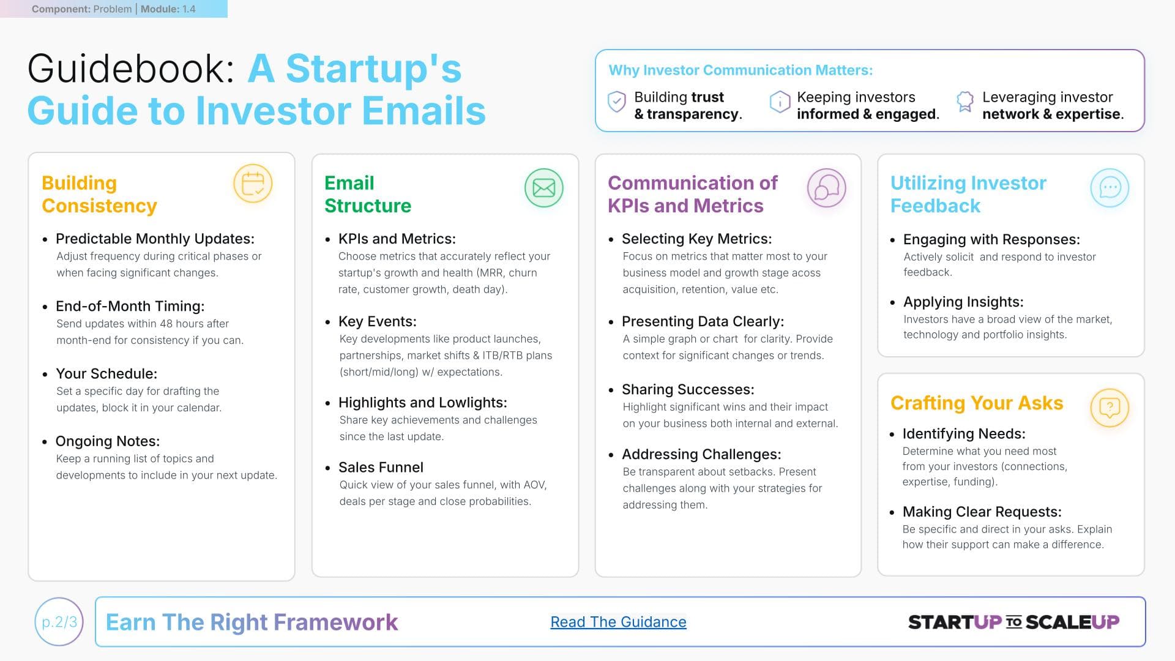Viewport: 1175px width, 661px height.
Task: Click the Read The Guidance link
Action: pyautogui.click(x=618, y=622)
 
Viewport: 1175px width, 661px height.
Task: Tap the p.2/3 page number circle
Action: pyautogui.click(x=59, y=622)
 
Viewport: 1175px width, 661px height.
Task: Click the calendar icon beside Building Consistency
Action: pyautogui.click(x=253, y=184)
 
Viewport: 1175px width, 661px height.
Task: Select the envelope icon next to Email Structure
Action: pyautogui.click(x=543, y=188)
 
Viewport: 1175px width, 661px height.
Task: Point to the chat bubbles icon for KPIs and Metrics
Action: pyautogui.click(x=826, y=188)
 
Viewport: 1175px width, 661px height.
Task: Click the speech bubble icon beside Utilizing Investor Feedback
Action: pyautogui.click(x=1110, y=188)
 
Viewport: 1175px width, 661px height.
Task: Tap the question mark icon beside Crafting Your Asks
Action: pyautogui.click(x=1110, y=408)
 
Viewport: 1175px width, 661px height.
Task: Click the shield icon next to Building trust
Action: pyautogui.click(x=616, y=102)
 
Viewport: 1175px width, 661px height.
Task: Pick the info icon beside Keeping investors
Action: pyautogui.click(x=780, y=102)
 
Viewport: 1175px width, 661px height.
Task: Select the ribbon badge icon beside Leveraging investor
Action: pyautogui.click(x=965, y=102)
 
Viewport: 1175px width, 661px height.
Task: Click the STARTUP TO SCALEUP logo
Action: pyautogui.click(x=1013, y=622)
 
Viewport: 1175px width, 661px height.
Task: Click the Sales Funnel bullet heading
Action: pyautogui.click(x=381, y=468)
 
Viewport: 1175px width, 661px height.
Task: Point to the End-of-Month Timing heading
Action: pyautogui.click(x=130, y=306)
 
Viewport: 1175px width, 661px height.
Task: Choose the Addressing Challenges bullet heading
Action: pyautogui.click(x=701, y=454)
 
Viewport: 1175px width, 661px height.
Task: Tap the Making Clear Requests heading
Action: pyautogui.click(x=982, y=512)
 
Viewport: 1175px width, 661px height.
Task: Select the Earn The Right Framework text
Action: pyautogui.click(x=252, y=622)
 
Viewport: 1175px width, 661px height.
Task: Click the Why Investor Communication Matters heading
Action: pyautogui.click(x=740, y=70)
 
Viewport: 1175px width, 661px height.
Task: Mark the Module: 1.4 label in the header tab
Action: pyautogui.click(x=168, y=9)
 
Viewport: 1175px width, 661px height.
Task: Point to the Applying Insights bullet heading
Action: pyautogui.click(x=963, y=302)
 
